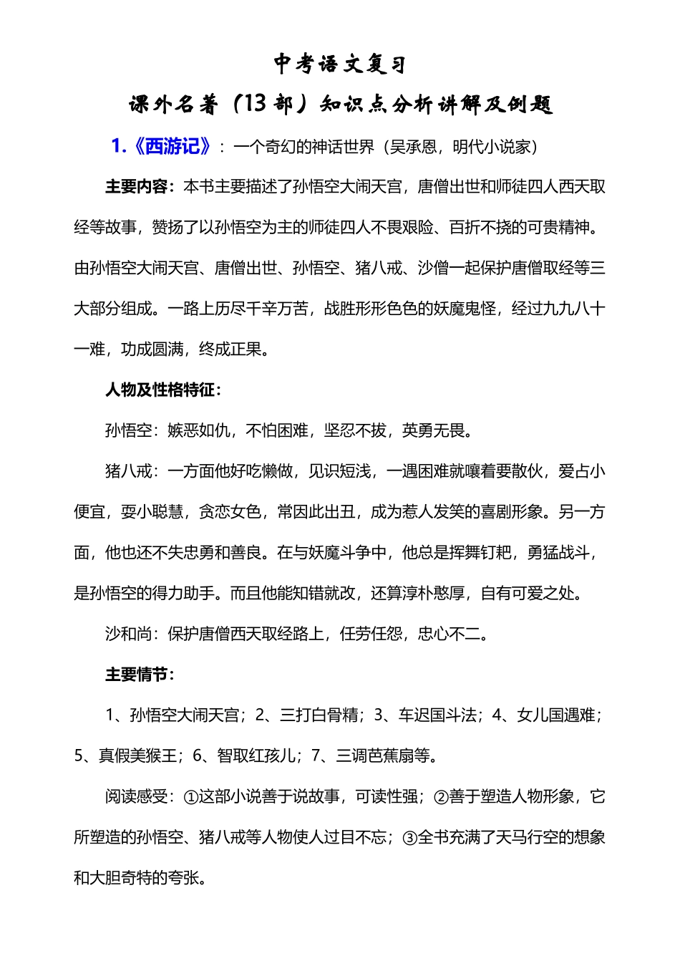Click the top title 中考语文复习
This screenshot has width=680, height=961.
[340, 64]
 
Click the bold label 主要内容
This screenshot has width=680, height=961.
[136, 187]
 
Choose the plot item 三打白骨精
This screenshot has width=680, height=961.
[319, 715]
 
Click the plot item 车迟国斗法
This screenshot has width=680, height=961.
[438, 715]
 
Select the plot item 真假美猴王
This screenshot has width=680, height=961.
[137, 756]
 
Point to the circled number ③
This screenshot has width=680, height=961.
[409, 838]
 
